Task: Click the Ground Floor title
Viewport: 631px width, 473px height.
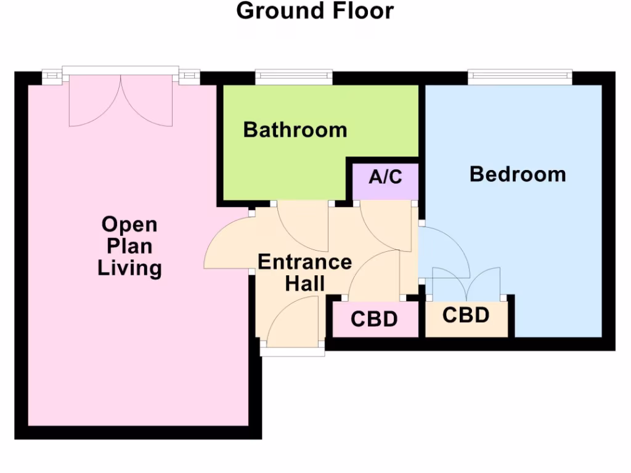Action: tap(315, 11)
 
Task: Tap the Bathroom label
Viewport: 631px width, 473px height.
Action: tap(295, 130)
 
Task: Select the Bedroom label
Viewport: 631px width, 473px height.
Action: tap(518, 174)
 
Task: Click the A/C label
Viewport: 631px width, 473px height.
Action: tap(386, 177)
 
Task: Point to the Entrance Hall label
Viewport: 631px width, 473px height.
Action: tap(304, 272)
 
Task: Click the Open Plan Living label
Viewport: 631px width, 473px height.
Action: tap(130, 246)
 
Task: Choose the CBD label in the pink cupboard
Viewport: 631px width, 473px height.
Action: tap(374, 320)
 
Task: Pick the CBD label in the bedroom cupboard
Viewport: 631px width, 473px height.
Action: tap(466, 315)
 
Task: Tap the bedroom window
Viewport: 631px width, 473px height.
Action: tap(519, 76)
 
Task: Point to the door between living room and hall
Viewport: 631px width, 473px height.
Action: tap(227, 243)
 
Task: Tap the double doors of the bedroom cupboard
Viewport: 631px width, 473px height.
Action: tap(466, 284)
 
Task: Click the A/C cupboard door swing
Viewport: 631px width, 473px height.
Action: tap(386, 227)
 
